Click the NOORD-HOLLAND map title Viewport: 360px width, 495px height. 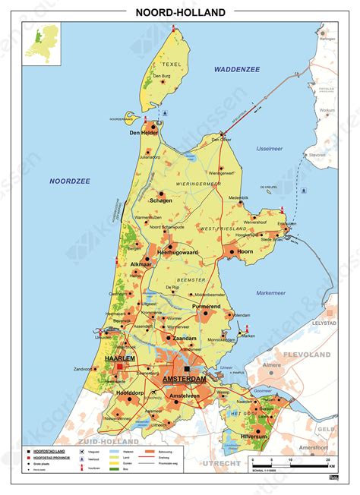point(180,12)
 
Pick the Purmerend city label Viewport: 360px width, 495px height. point(205,306)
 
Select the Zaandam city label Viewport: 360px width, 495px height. point(185,337)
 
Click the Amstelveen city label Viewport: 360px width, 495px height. point(185,396)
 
